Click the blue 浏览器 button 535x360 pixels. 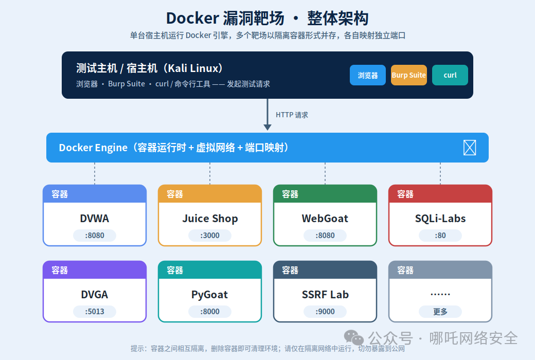click(367, 75)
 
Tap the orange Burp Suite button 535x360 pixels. click(409, 75)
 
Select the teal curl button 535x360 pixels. click(450, 75)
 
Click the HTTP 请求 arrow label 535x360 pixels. click(292, 115)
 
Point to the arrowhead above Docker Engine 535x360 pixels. click(267, 127)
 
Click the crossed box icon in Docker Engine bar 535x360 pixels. click(470, 148)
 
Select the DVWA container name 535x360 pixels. click(95, 219)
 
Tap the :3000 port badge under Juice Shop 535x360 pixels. click(210, 236)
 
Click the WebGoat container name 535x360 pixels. click(325, 219)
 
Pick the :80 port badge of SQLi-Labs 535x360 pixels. click(440, 236)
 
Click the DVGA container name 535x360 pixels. click(95, 295)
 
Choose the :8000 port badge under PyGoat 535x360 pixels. click(210, 312)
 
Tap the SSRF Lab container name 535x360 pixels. click(325, 295)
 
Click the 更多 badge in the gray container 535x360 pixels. click(440, 312)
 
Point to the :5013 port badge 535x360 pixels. click(95, 312)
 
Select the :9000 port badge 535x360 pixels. click(325, 312)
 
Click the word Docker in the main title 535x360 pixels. click(192, 18)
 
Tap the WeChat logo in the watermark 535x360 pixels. click(353, 337)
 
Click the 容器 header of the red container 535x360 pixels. click(405, 194)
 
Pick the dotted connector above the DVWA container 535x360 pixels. click(95, 173)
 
